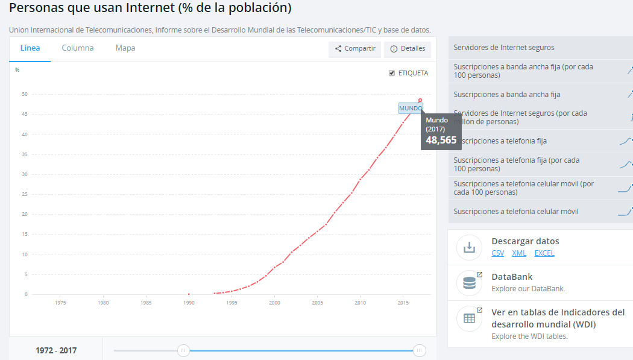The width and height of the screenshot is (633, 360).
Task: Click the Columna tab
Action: coord(78,48)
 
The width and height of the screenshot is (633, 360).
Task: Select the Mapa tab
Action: coord(125,48)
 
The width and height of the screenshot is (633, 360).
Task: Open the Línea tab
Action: coord(30,48)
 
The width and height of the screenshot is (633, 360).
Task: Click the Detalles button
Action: coord(408,49)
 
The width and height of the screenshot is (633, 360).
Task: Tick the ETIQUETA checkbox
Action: coord(392,73)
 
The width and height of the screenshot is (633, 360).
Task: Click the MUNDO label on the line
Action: coord(411,109)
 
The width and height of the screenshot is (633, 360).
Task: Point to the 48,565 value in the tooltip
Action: coord(441,140)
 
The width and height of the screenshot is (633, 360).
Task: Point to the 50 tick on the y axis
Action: coord(25,94)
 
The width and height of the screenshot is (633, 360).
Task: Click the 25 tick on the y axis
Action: coord(25,194)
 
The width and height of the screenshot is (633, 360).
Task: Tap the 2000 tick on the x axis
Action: coord(274,303)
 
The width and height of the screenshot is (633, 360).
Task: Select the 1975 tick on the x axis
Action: coord(60,303)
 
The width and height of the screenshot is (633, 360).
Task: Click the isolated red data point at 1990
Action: coord(189,294)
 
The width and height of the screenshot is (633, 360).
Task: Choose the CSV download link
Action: coord(498,253)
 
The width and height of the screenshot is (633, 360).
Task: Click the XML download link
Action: coord(519,253)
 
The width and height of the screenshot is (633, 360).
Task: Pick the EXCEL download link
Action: coord(544,253)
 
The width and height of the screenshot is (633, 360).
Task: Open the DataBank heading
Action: coord(512,277)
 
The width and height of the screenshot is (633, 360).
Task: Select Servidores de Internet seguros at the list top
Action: coord(504,48)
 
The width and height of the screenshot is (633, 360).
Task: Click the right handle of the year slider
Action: coord(420,350)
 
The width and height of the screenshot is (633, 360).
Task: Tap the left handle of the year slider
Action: coord(183,350)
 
